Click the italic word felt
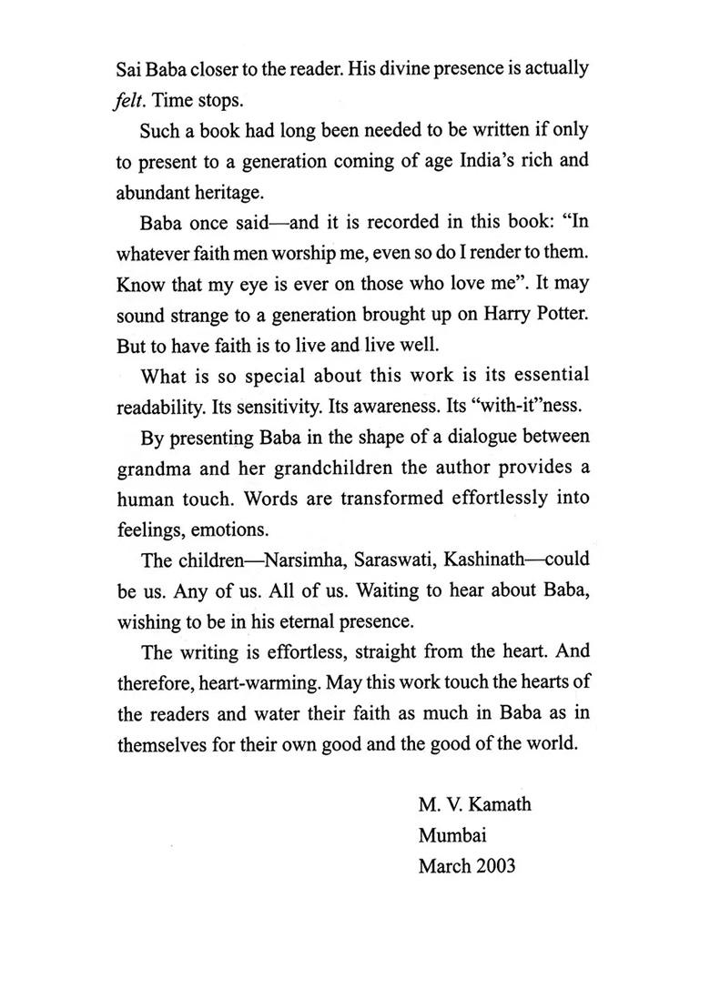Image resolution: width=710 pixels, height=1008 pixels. pyautogui.click(x=131, y=100)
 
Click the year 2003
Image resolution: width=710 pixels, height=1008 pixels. pyautogui.click(x=494, y=865)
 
